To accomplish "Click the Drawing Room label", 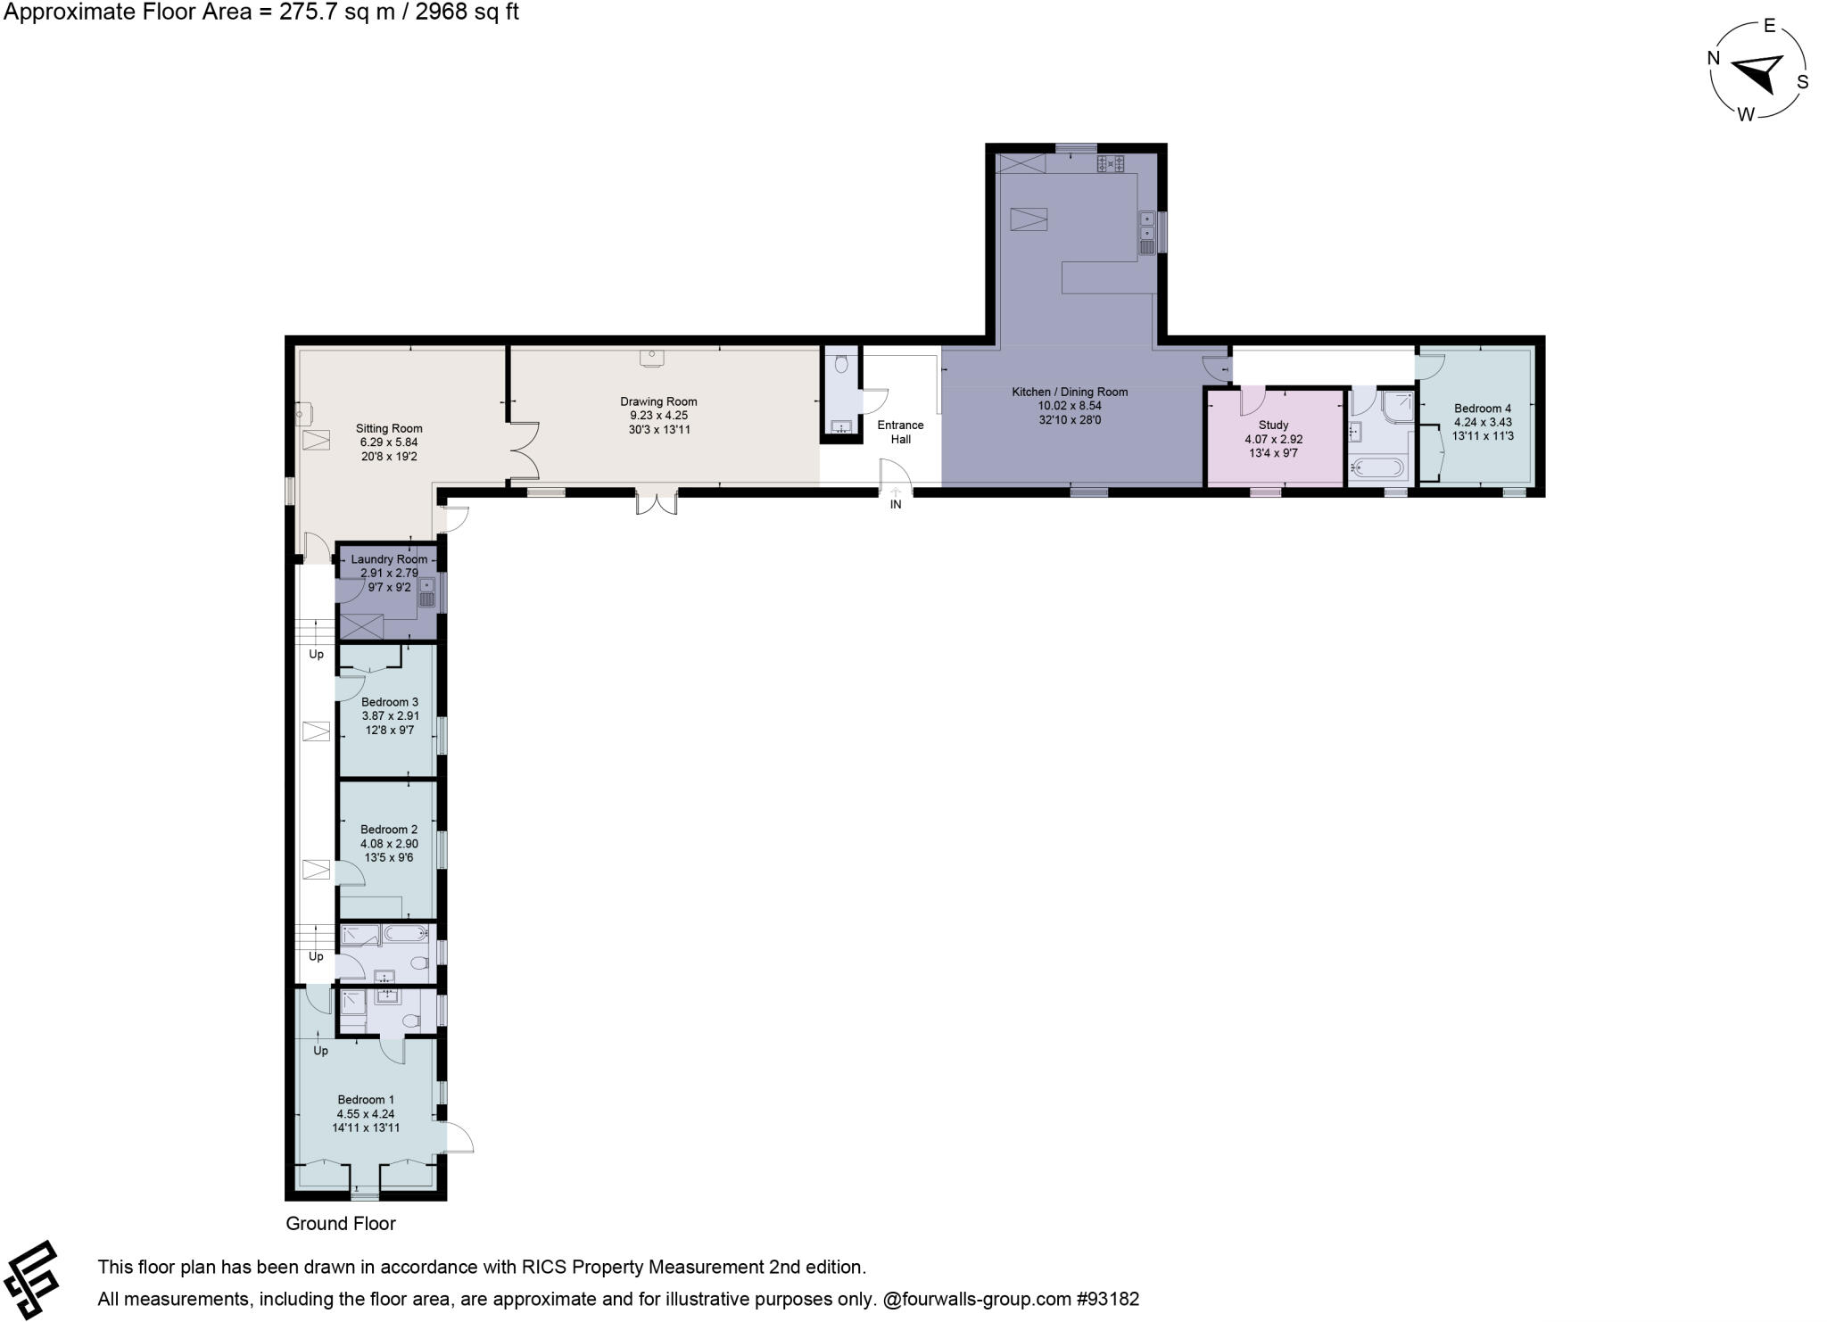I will tap(658, 401).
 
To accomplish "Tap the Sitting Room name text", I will tap(389, 428).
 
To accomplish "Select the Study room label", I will tap(1273, 426).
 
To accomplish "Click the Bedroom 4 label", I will tap(1483, 409).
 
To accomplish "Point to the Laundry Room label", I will tap(389, 559).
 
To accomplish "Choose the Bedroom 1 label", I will tap(366, 1100).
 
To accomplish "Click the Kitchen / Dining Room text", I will tap(1070, 392).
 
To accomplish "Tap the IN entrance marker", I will tap(896, 505).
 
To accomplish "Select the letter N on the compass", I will tap(1714, 59).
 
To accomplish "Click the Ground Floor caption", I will tap(340, 1224).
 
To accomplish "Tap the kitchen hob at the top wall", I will tap(1111, 163).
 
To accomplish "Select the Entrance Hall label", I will tap(900, 432).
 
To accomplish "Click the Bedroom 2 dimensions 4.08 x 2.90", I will tap(389, 844).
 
